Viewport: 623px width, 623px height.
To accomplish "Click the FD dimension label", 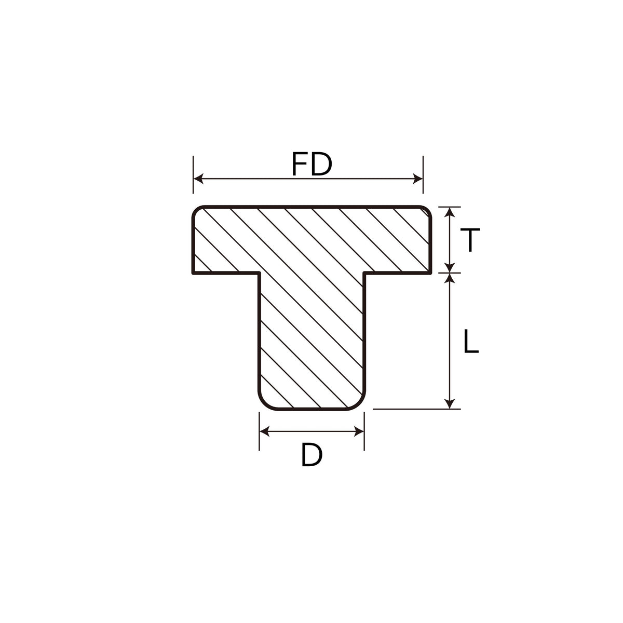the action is [x=311, y=164].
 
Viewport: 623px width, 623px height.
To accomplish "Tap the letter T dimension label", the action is [x=470, y=239].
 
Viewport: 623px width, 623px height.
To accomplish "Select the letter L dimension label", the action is [x=471, y=341].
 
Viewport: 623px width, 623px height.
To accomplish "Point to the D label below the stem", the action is [x=311, y=455].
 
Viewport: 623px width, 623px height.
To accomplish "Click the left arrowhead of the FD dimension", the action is [x=198, y=179].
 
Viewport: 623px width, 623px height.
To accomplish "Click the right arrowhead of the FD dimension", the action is [x=418, y=179].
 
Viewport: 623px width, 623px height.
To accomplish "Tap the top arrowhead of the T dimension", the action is [x=450, y=212].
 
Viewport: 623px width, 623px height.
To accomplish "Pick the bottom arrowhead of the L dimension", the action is [x=450, y=403].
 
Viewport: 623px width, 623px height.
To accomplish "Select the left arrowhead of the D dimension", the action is [x=264, y=431].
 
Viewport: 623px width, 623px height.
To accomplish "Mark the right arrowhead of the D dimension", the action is [x=359, y=431].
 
